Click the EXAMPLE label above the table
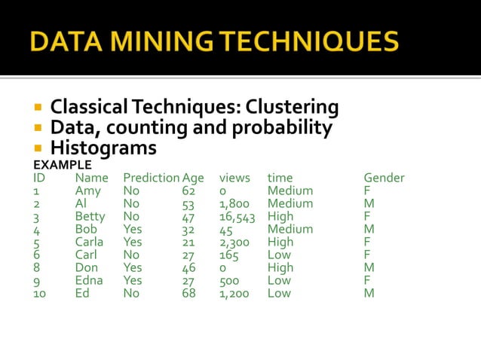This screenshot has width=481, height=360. pyautogui.click(x=63, y=164)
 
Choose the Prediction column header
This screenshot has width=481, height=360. pyautogui.click(x=151, y=178)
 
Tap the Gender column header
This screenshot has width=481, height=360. pyautogui.click(x=384, y=178)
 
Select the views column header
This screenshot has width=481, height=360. pyautogui.click(x=234, y=178)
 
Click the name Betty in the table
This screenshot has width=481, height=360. pyautogui.click(x=90, y=217)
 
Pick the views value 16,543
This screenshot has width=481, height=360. pyautogui.click(x=237, y=217)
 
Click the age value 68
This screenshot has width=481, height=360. pyautogui.click(x=188, y=294)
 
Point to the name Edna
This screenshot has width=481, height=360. pyautogui.click(x=90, y=281)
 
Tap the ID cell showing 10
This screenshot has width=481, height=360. pyautogui.click(x=39, y=294)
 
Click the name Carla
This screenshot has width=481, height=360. pyautogui.click(x=89, y=243)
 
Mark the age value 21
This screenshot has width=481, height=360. pyautogui.click(x=188, y=243)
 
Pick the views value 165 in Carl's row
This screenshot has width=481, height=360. pyautogui.click(x=229, y=255)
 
